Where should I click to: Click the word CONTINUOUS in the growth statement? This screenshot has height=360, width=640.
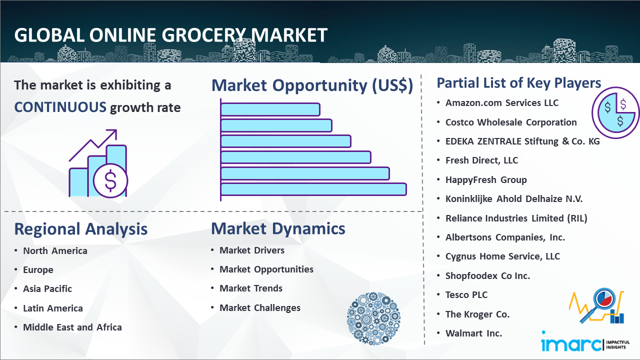60,107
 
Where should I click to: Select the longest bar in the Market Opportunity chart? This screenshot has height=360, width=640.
313,189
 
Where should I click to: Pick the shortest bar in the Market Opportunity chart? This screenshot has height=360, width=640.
270,109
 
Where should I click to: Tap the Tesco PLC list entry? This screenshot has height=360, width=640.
466,295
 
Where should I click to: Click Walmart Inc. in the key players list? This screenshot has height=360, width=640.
473,333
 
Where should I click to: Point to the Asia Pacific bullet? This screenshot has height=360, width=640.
47,289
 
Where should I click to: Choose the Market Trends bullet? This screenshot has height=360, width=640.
251,288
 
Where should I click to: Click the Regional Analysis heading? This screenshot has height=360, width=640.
81,229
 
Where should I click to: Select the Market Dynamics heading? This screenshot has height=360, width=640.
278,228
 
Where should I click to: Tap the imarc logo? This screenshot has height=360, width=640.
585,342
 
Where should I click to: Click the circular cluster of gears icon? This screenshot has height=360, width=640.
373,318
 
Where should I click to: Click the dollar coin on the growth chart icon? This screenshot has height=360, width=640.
110,181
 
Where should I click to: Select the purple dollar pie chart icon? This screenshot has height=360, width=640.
615,112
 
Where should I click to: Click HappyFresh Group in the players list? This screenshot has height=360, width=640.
486,180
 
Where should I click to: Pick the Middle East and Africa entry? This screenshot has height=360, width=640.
72,327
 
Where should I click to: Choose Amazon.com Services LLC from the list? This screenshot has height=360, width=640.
502,103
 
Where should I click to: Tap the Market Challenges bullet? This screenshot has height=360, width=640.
260,307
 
